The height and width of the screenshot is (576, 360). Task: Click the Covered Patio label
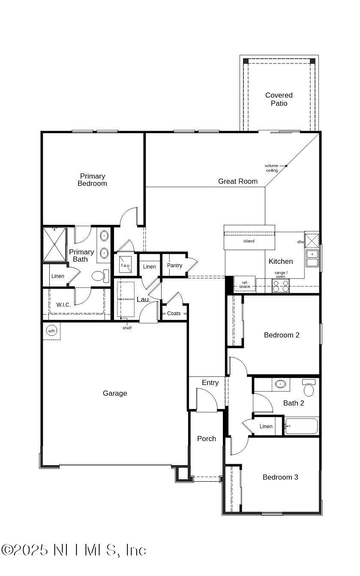(279, 99)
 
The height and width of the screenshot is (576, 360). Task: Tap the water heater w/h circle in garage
(51, 331)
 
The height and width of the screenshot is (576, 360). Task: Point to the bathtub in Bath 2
(301, 426)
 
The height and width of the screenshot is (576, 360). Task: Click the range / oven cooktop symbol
(280, 286)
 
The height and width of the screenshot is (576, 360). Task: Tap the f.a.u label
(125, 266)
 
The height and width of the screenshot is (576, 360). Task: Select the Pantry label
(174, 266)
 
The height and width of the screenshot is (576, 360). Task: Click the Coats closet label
(174, 313)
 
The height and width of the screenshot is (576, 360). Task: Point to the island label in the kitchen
(249, 241)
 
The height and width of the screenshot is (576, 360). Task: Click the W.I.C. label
(63, 305)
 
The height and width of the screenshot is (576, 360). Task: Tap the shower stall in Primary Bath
(54, 244)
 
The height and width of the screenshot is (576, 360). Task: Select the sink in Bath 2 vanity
(281, 384)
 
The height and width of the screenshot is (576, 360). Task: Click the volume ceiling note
(271, 168)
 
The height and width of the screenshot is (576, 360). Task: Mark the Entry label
(210, 382)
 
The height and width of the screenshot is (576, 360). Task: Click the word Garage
(115, 393)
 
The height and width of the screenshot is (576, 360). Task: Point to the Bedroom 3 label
(280, 477)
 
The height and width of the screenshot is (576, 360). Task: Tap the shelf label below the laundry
(127, 328)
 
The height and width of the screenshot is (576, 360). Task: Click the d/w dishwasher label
(300, 242)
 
